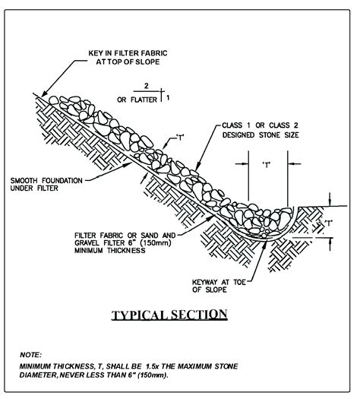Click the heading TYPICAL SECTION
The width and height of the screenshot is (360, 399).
169,315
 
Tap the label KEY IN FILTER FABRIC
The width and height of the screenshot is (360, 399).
128,53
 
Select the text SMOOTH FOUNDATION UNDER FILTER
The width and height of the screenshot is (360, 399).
46,185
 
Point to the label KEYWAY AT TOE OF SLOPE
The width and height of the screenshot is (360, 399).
219,286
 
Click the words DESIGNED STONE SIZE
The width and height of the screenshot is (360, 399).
261,135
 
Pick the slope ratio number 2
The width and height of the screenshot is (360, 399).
146,86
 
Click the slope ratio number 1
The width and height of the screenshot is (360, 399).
168,97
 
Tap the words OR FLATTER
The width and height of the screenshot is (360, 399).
137,100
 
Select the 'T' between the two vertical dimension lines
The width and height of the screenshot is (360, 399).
267,165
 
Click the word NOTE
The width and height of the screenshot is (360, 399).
31,355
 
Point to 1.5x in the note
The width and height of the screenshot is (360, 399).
152,366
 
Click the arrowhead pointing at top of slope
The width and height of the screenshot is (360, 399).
44,94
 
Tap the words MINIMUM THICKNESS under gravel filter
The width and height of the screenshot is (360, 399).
110,250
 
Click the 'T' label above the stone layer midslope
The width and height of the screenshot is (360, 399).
180,138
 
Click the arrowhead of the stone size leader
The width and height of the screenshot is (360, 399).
197,167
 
